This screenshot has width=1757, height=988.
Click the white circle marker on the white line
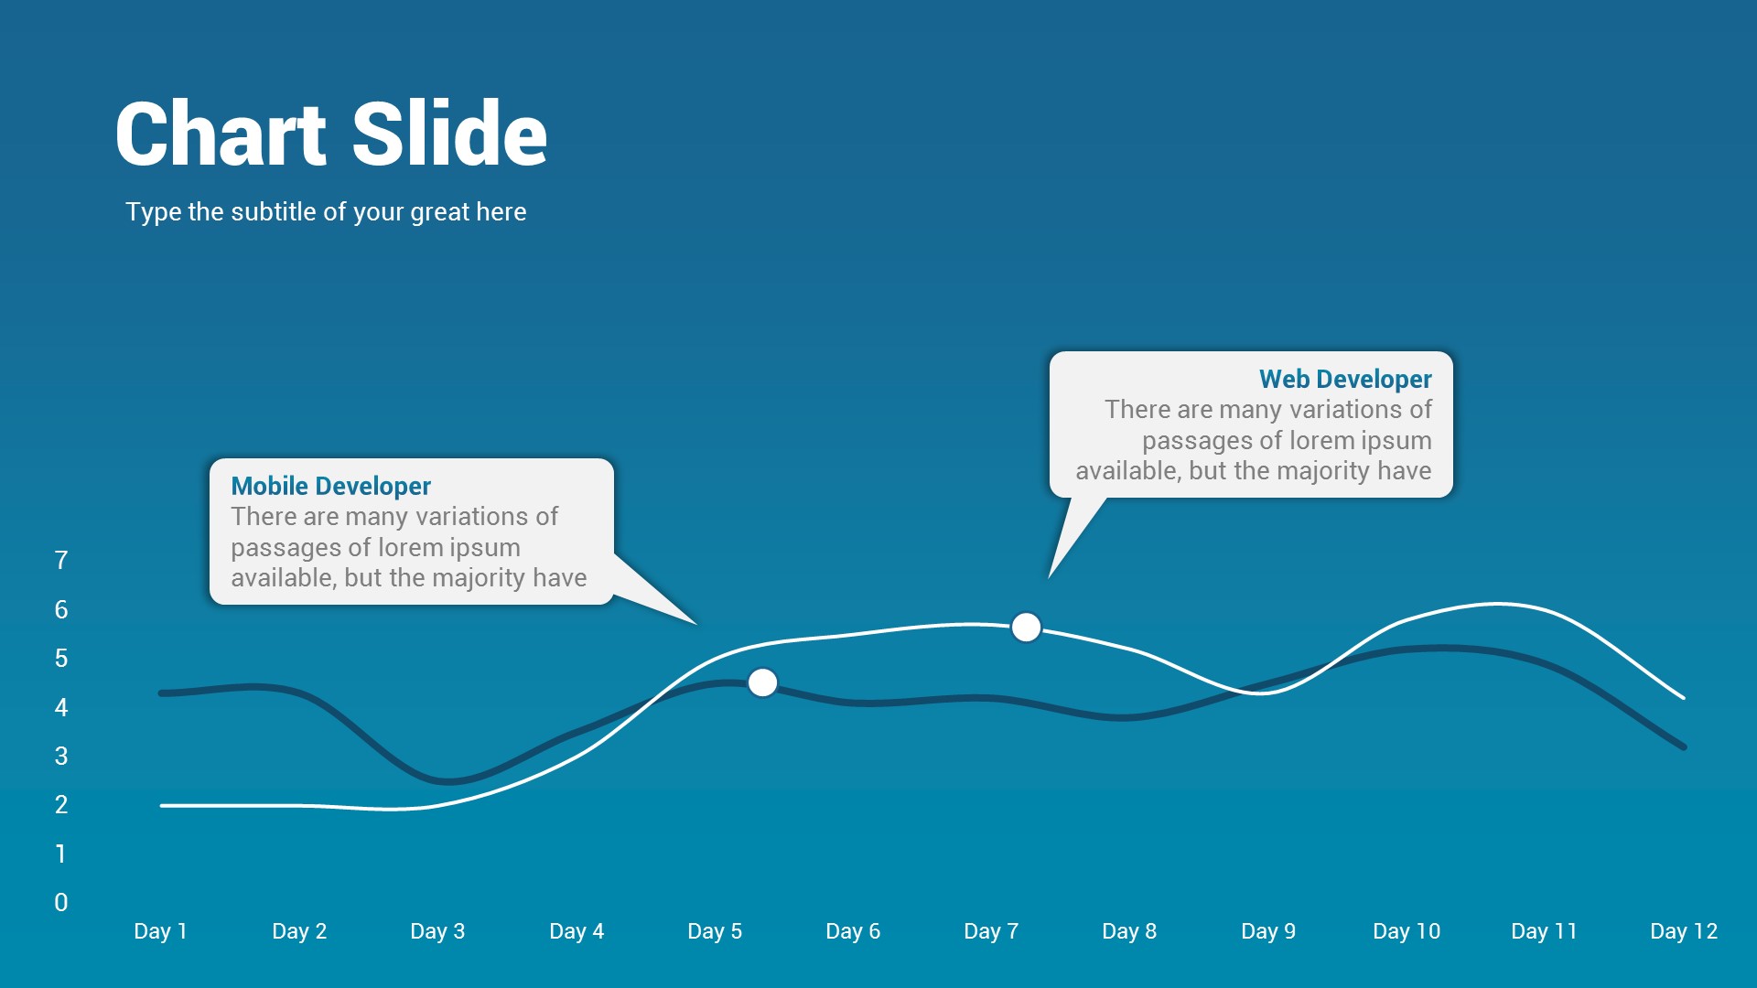1026,628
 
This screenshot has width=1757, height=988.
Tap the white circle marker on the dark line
762,682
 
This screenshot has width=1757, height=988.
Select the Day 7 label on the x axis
991,931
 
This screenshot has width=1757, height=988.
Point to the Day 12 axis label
1683,931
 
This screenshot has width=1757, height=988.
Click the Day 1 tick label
160,931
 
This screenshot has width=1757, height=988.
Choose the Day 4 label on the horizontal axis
577,931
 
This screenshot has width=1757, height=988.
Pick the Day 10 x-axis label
1407,931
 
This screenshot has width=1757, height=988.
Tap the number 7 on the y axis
61,560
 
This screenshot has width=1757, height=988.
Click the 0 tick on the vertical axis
61,902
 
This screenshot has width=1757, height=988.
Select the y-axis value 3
61,756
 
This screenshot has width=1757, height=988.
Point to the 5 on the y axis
61,658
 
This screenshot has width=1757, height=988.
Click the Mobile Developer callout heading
330,486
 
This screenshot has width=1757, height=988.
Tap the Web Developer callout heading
1345,379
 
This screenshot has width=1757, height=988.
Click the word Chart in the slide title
221,134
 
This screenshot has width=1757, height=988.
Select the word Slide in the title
449,134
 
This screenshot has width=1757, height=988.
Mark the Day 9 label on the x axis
1268,931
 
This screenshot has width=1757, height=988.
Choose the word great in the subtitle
442,212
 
